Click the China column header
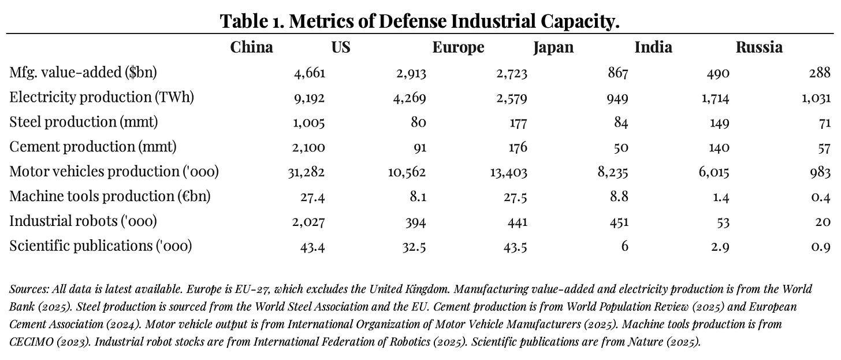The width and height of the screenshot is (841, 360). [x=251, y=47]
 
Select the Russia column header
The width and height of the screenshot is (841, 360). [x=759, y=47]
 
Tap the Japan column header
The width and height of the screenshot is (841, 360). [x=553, y=47]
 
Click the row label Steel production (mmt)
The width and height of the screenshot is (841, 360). [x=84, y=122]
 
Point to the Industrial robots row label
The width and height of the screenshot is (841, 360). [x=83, y=221]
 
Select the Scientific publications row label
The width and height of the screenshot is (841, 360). [x=101, y=246]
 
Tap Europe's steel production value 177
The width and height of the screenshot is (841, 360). [x=516, y=123]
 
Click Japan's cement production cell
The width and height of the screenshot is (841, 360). [x=620, y=147]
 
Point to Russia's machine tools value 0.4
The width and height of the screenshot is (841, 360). [x=820, y=197]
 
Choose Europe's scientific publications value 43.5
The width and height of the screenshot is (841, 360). [x=513, y=246]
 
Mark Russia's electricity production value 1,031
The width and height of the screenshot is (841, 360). [x=816, y=98]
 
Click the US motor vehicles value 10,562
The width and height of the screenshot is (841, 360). [x=407, y=172]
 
